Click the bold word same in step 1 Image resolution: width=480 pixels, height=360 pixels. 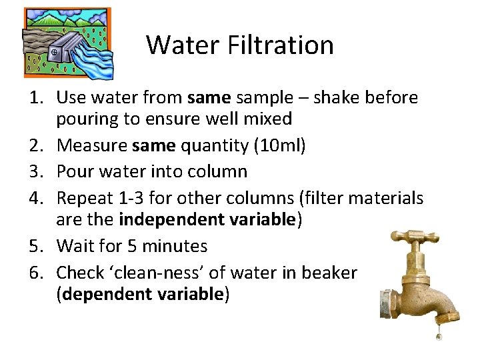pos(209,98)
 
